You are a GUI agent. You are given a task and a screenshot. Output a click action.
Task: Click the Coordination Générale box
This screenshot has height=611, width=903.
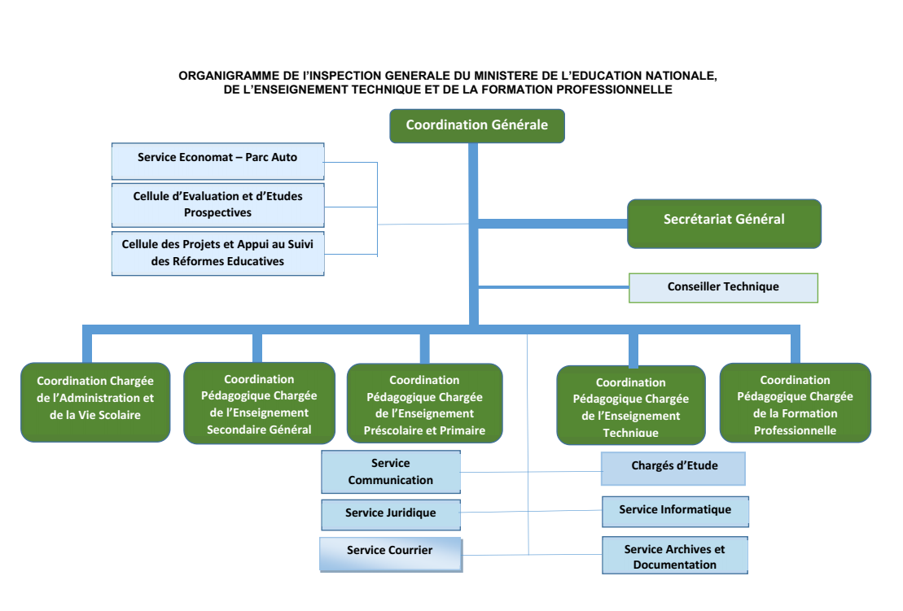(x=476, y=126)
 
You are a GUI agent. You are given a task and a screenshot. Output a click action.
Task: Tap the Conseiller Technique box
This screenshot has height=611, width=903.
(x=723, y=287)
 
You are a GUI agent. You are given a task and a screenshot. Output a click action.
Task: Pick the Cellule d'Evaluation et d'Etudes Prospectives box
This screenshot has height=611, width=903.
(x=217, y=204)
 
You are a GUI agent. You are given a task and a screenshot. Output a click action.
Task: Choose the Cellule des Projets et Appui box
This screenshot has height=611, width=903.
(x=217, y=253)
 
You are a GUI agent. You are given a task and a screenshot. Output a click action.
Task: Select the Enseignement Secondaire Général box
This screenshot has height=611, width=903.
(x=259, y=404)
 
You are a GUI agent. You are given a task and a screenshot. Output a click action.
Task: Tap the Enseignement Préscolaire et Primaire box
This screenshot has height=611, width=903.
(x=424, y=404)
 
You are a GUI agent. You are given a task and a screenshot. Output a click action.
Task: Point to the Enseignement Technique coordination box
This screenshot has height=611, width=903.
(x=630, y=405)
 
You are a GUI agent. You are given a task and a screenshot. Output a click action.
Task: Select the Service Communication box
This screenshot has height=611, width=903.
(x=391, y=472)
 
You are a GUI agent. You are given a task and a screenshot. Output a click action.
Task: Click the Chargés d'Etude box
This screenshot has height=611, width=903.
(x=673, y=468)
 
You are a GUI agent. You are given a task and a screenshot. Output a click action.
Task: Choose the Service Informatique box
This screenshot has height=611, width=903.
(x=675, y=511)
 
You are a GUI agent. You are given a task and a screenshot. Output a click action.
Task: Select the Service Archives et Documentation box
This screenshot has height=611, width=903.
(x=674, y=556)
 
